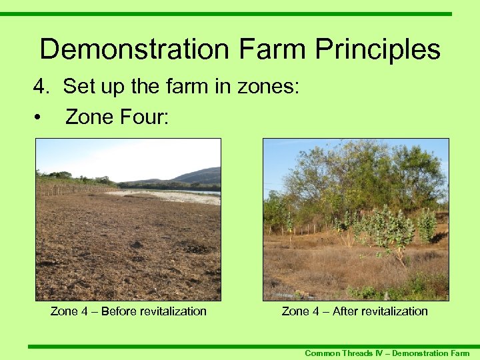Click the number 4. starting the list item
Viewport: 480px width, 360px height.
(x=43, y=87)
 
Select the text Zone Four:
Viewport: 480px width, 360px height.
(x=117, y=118)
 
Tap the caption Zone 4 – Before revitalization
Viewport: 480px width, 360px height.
(x=128, y=311)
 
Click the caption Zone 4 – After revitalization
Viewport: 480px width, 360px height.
(x=355, y=311)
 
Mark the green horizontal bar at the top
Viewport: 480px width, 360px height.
(x=240, y=13)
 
